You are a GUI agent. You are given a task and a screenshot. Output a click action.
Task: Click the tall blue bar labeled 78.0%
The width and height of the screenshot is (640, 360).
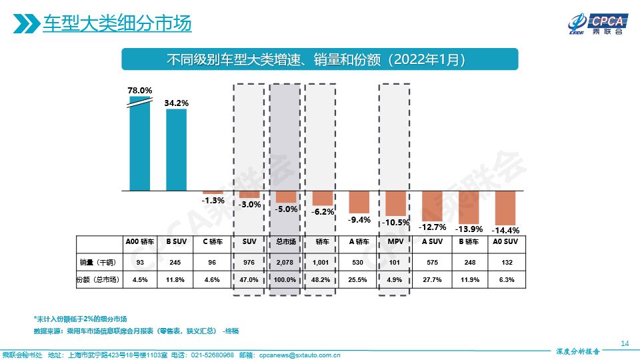(140, 147)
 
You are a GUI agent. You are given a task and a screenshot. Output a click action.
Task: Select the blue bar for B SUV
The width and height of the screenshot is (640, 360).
(177, 150)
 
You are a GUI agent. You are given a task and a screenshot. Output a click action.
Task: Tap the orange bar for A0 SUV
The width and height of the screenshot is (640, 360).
(505, 208)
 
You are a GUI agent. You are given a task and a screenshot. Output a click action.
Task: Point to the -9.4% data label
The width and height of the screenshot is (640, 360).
(360, 219)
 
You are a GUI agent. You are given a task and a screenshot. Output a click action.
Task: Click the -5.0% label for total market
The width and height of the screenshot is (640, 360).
(286, 209)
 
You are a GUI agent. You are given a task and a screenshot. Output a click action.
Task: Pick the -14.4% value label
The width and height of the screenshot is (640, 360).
(505, 230)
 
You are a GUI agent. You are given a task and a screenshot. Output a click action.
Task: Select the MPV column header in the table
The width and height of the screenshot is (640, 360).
(395, 242)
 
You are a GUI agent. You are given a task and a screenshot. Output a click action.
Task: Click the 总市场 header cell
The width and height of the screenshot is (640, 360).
(286, 242)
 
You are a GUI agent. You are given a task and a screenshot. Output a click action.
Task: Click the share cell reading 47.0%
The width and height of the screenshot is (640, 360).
(249, 280)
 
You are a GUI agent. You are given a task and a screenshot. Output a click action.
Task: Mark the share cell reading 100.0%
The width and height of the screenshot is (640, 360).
(286, 280)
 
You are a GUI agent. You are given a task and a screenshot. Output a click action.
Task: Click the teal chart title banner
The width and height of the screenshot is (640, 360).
(319, 59)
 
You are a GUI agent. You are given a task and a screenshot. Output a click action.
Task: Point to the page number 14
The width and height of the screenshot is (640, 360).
(625, 343)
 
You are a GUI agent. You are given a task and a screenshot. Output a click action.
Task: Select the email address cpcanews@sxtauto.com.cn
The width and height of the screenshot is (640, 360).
(300, 355)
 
